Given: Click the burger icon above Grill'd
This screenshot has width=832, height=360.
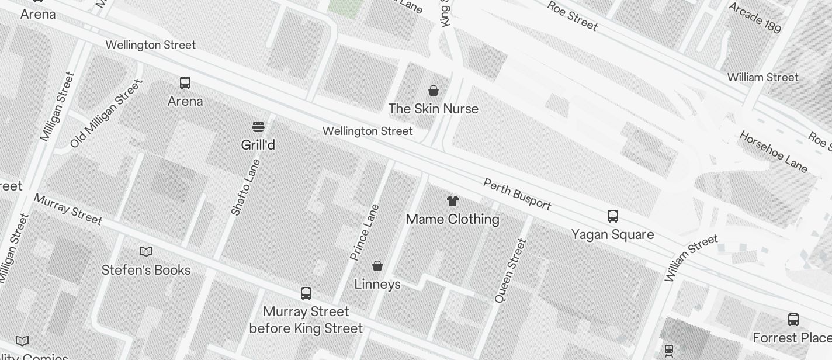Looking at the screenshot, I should coord(258,126).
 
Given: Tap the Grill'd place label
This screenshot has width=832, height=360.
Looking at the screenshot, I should coord(258,144).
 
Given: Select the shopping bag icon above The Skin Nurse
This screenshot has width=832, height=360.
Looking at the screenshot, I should coord(434,90).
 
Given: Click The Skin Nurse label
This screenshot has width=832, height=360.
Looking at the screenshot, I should coord(434,109).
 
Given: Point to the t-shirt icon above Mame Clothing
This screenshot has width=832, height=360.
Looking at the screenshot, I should coord(453,201).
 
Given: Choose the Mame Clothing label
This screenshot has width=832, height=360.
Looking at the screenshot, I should coord(453,219).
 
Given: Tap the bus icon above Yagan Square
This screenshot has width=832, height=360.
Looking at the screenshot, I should coord(612,216).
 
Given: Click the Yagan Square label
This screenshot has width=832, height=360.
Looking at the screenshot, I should coord(612,234).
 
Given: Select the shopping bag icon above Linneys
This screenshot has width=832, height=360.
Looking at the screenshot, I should coord(377,266).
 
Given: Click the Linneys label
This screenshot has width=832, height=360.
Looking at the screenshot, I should coord(377,284).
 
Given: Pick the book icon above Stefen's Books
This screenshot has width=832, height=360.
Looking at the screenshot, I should coord(146,251).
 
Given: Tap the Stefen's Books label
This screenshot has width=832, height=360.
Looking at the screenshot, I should coord(146,270).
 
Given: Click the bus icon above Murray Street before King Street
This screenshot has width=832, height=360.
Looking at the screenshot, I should coord(306,293).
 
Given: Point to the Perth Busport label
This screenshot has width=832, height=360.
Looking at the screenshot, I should coord(517,194).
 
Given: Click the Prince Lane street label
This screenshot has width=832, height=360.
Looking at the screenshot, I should coord(365,232).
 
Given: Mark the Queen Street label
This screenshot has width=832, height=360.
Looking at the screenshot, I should coord(510,270).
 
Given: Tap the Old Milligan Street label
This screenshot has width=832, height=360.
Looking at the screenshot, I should coord(106,113).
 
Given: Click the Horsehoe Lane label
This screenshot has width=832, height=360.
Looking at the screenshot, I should coord(774,151).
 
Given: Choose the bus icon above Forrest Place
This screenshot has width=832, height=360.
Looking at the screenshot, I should coord(793,320).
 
